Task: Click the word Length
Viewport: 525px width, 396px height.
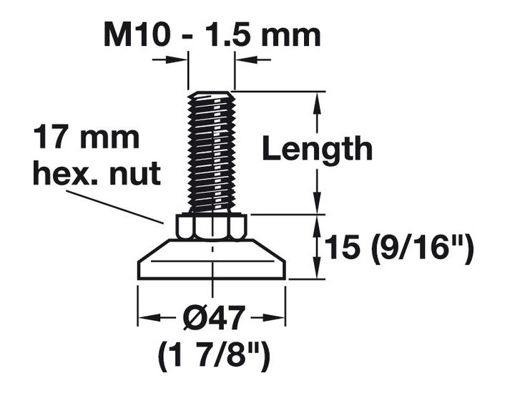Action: click(x=317, y=150)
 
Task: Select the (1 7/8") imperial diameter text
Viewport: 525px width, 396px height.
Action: click(x=212, y=355)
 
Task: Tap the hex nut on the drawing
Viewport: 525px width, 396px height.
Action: click(x=212, y=227)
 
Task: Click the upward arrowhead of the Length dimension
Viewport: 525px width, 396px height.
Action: click(x=315, y=100)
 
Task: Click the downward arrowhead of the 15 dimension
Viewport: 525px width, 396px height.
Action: click(x=315, y=271)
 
